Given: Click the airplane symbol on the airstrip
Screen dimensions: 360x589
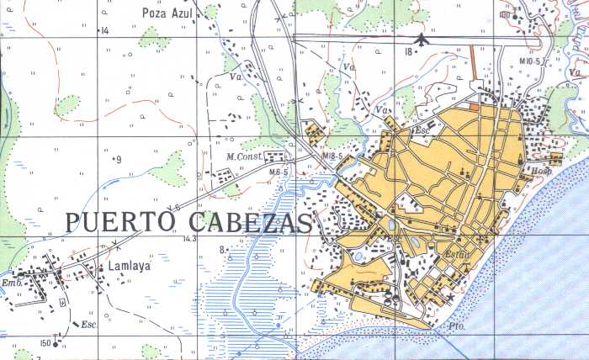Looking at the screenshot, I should [422, 38].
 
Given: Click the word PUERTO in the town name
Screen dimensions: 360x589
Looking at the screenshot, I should [118, 222].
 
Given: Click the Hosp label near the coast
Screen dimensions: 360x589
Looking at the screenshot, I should [540, 171].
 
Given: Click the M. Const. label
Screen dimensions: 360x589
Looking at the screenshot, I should [242, 156].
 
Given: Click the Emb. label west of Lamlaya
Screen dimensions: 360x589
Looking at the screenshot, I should [10, 283].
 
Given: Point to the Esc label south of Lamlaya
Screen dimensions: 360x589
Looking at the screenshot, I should [88, 324].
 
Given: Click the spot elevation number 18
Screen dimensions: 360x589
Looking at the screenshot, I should [408, 51].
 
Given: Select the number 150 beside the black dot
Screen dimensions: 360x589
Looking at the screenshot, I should [45, 342].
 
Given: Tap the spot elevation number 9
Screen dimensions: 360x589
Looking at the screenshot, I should [119, 159].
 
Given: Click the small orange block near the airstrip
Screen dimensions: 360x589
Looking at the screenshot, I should [475, 107].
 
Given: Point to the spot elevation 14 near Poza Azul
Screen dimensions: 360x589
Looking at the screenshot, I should [105, 31].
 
